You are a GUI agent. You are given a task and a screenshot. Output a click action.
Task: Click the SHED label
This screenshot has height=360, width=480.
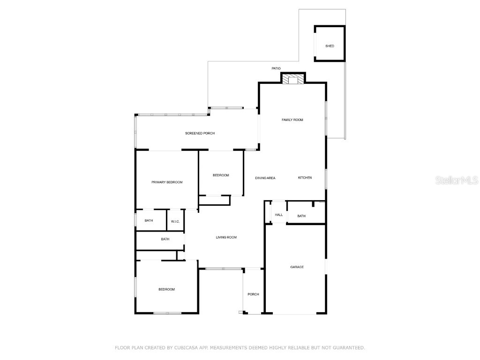(330, 46)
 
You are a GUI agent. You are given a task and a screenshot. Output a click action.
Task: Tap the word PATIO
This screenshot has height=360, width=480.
(276, 68)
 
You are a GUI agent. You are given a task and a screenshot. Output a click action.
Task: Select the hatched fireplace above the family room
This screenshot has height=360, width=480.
(293, 80)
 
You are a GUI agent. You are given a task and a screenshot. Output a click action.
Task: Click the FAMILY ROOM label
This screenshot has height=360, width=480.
(292, 120)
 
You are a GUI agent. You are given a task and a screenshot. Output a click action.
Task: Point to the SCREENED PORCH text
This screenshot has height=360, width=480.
(200, 134)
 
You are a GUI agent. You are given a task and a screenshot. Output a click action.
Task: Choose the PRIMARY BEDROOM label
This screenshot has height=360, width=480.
(167, 182)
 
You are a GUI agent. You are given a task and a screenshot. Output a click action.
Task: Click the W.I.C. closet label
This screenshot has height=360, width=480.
(175, 221)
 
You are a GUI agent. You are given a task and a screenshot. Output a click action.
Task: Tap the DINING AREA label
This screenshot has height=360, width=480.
(265, 178)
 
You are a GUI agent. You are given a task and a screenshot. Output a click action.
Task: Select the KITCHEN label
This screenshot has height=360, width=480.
(305, 178)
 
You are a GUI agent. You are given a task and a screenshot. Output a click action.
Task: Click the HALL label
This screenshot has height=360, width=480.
(279, 215)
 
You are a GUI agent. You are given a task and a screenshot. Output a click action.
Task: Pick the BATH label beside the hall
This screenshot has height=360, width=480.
(301, 216)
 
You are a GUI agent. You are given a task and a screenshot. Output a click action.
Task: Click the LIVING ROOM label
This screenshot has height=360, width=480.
(226, 238)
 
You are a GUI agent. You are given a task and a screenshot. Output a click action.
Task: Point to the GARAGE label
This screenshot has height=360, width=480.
(297, 267)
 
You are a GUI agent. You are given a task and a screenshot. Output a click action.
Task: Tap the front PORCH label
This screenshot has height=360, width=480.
(253, 294)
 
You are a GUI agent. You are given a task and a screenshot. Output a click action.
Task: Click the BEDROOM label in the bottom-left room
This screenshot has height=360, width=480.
(166, 290)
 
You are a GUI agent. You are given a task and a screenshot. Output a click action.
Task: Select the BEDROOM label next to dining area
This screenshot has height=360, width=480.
(221, 175)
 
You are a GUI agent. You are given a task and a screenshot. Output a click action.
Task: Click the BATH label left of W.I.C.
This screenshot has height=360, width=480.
(149, 221)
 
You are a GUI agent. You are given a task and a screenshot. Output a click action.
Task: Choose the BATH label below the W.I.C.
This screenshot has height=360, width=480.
(165, 240)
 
